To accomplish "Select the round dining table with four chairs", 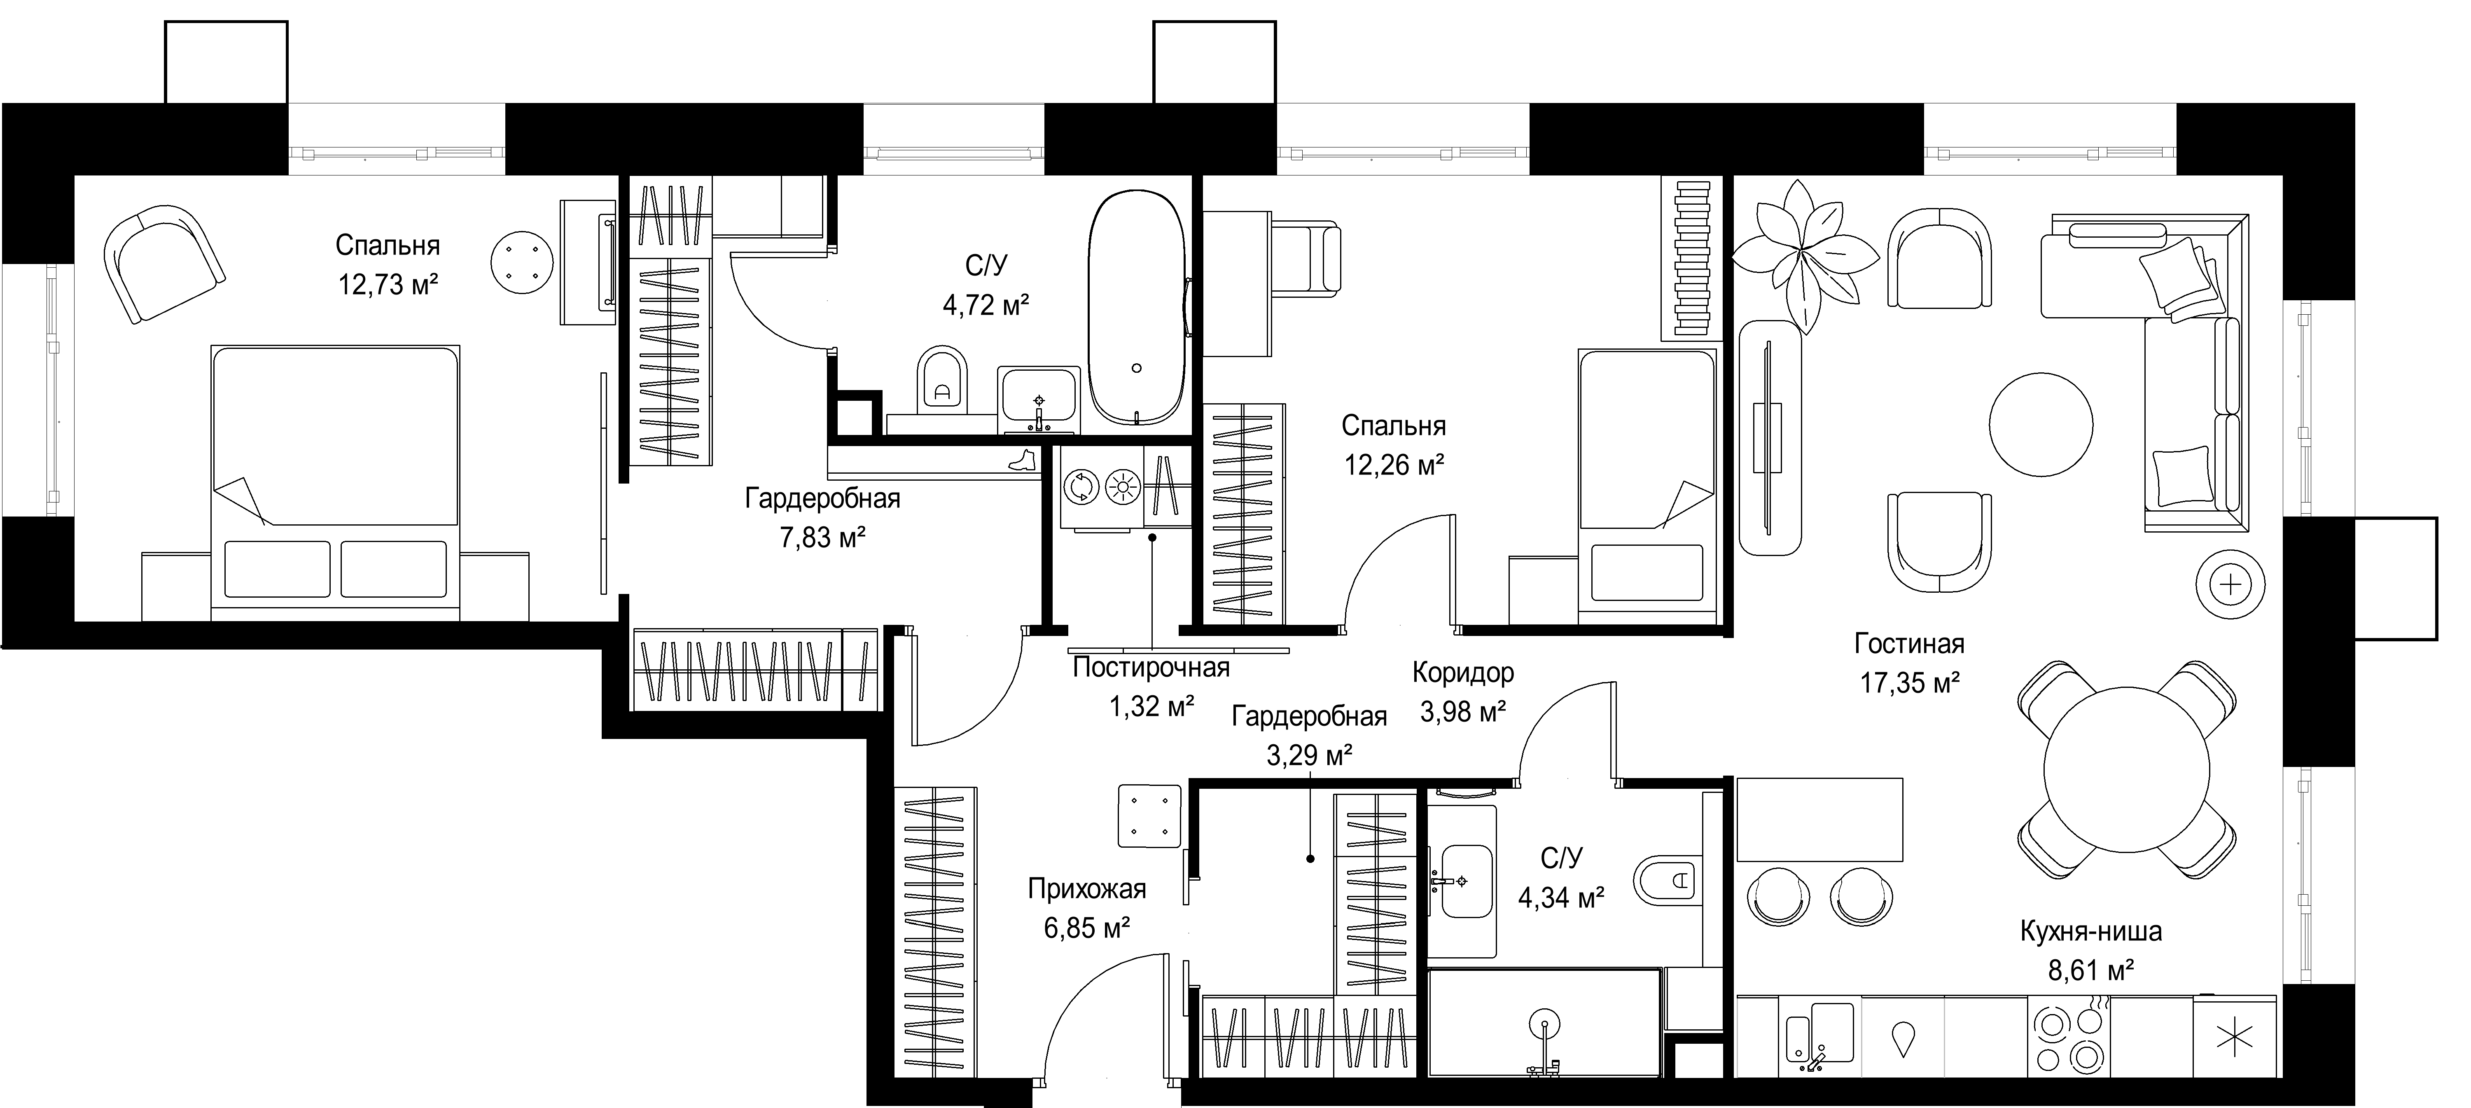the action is (x=2127, y=769).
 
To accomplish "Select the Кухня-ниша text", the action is (x=2091, y=930).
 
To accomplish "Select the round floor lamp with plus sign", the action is (x=2231, y=584).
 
